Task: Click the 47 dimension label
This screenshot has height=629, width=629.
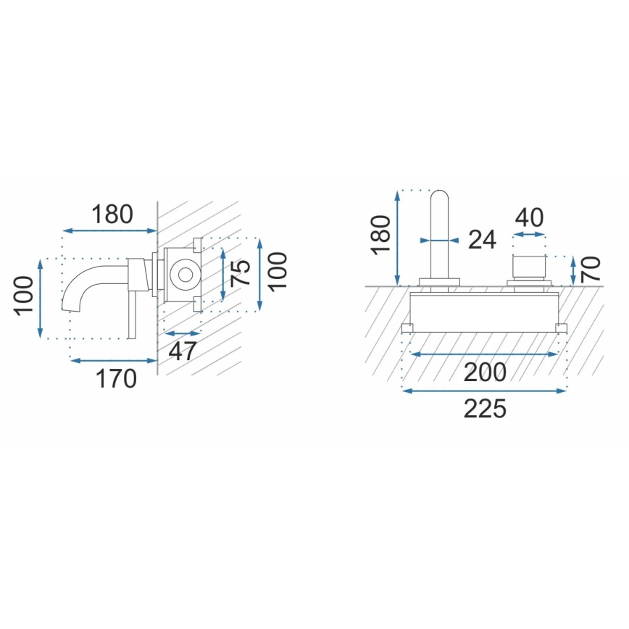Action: [183, 351]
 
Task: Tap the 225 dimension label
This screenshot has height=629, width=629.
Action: [485, 409]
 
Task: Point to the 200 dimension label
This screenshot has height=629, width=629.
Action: [485, 372]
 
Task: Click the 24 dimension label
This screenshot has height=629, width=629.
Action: [481, 240]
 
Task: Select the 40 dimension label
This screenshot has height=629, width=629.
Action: [529, 217]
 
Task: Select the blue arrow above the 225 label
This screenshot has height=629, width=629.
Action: [485, 391]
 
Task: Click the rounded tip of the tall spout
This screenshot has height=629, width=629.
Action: [440, 196]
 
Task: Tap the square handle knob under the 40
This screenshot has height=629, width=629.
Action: [529, 266]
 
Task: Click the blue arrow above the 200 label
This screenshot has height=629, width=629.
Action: [485, 354]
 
